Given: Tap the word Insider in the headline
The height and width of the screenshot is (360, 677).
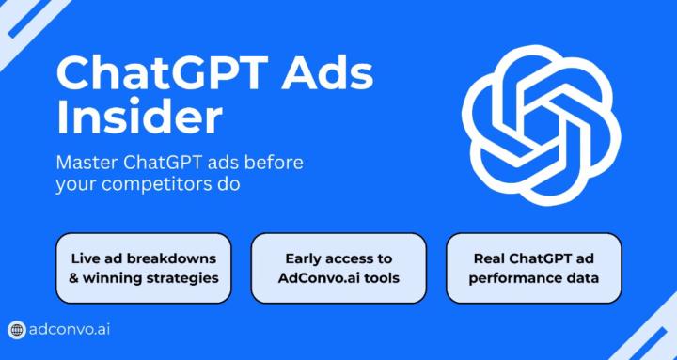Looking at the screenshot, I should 139,117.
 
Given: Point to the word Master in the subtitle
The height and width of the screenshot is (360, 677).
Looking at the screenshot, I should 87,162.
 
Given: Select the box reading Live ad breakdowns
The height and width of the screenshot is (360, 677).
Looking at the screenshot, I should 144,268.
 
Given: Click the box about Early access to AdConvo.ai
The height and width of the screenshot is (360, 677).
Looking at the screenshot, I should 338,268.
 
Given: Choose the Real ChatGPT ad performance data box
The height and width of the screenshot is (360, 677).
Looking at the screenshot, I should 533,268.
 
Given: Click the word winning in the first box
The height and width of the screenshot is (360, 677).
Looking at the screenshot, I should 115,278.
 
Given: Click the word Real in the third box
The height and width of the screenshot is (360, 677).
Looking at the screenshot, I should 488,258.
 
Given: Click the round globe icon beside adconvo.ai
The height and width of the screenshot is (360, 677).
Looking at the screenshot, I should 17,330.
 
